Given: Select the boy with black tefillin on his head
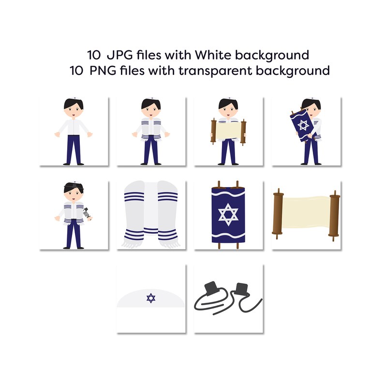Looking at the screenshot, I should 73,215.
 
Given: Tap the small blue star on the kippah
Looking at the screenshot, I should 151,298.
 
